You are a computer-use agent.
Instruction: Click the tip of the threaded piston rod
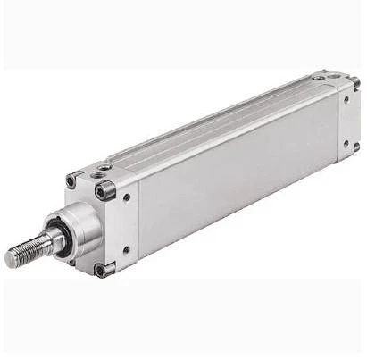pyautogui.click(x=9, y=260)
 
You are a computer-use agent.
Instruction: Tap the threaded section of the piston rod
pyautogui.click(x=27, y=251)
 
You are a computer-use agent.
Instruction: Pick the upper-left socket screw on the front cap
pyautogui.click(x=71, y=181)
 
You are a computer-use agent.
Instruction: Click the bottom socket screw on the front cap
pyautogui.click(x=101, y=269)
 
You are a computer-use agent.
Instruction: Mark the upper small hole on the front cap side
pyautogui.click(x=127, y=198)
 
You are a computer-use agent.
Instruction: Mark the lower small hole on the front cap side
pyautogui.click(x=126, y=249)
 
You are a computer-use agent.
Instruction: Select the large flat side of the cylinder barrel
pyautogui.click(x=237, y=170)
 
